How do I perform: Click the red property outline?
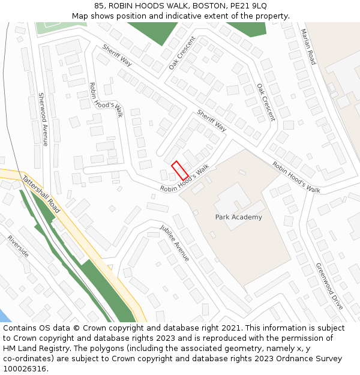coord(180,170)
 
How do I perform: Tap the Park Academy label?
coord(238,217)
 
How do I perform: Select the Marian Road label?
coord(308,47)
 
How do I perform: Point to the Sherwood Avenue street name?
coord(43,119)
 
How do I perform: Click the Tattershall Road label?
coord(41,194)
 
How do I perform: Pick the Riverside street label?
coord(18,246)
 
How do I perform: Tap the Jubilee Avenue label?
coord(175,243)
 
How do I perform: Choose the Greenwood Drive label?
coord(329,286)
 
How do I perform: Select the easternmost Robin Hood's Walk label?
coord(296,177)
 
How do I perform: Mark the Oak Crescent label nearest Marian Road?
coord(266,102)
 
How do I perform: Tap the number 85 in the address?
coord(99,5)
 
